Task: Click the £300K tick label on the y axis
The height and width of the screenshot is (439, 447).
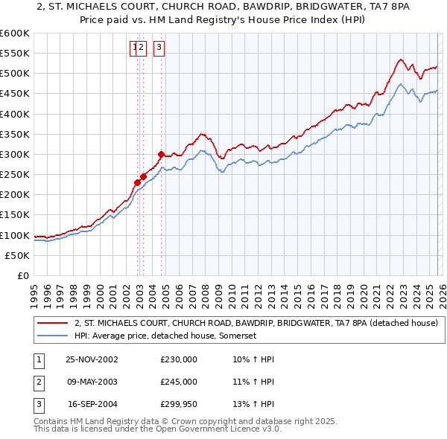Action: (x=15, y=155)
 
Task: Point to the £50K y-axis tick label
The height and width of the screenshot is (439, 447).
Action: (x=17, y=255)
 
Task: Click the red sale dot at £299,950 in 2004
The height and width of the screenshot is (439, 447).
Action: (x=161, y=155)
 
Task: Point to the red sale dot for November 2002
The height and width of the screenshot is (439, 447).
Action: (x=138, y=182)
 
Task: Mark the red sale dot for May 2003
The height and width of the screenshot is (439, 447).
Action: (x=143, y=176)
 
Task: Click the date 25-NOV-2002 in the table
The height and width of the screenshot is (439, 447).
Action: (x=92, y=359)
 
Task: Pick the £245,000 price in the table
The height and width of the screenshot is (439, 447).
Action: (x=179, y=382)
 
